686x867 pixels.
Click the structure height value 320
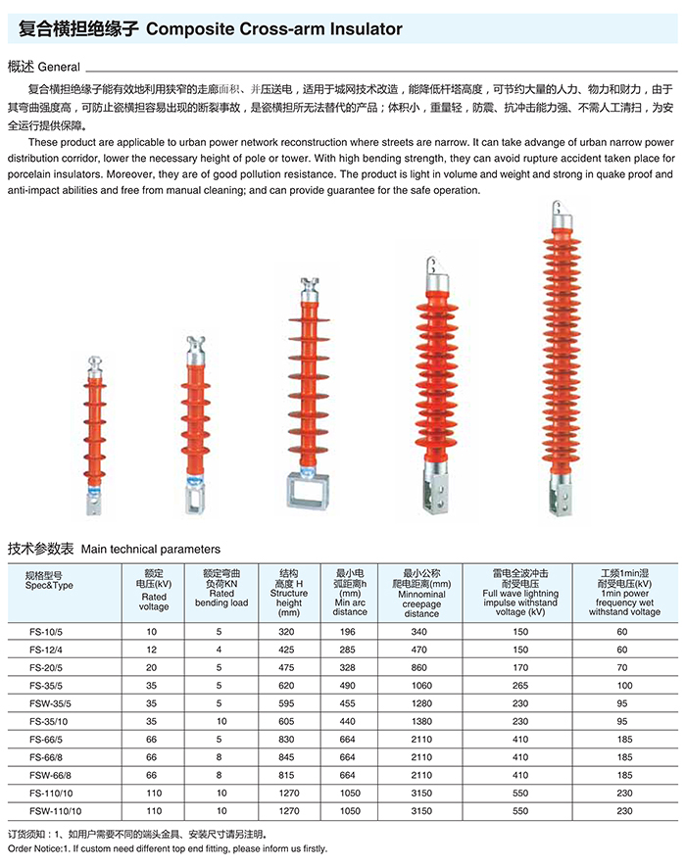coord(287,633)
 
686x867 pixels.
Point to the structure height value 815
coord(287,776)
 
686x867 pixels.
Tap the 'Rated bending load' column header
coord(221,587)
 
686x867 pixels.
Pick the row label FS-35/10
coord(47,722)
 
